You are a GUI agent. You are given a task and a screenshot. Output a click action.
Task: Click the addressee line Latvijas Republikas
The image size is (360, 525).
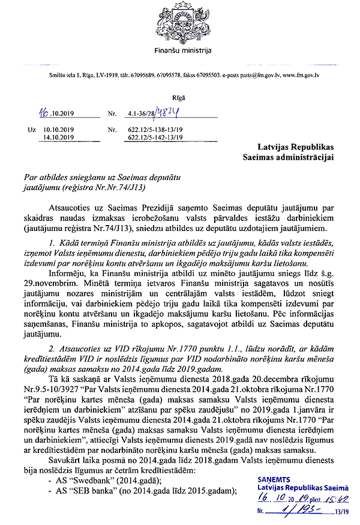[x=296, y=147]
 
